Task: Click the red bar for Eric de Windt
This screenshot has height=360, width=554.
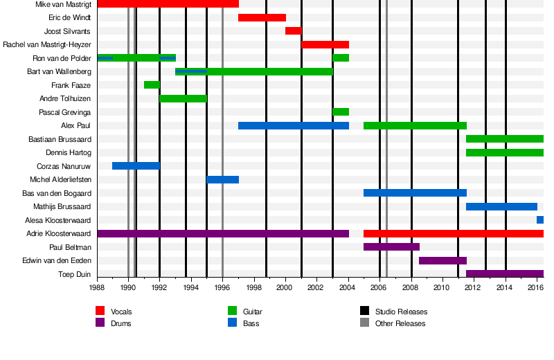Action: [x=262, y=17]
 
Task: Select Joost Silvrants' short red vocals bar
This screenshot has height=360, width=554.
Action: [x=293, y=31]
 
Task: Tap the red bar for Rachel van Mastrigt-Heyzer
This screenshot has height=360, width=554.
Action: [x=325, y=44]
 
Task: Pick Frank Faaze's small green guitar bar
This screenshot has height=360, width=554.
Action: [x=152, y=85]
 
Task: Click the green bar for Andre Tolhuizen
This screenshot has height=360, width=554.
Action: [x=183, y=98]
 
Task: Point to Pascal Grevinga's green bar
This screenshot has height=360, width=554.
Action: [x=340, y=112]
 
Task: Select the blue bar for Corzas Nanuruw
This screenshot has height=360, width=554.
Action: [x=136, y=166]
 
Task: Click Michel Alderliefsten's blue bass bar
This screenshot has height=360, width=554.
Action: [x=222, y=180]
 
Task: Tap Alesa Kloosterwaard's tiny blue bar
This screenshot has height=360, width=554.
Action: [x=539, y=220]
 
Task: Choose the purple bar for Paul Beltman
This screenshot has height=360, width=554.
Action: [x=391, y=247]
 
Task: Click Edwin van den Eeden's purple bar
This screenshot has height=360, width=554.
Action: [x=443, y=260]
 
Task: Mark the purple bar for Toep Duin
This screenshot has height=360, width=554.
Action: [x=504, y=274]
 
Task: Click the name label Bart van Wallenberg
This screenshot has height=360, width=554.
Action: [x=59, y=71]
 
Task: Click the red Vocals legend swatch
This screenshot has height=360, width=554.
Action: [x=100, y=312]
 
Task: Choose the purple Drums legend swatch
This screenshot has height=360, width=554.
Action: [x=100, y=323]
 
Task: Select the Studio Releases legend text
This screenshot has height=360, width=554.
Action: [x=401, y=312]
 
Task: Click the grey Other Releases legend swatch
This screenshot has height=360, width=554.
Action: [x=365, y=323]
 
